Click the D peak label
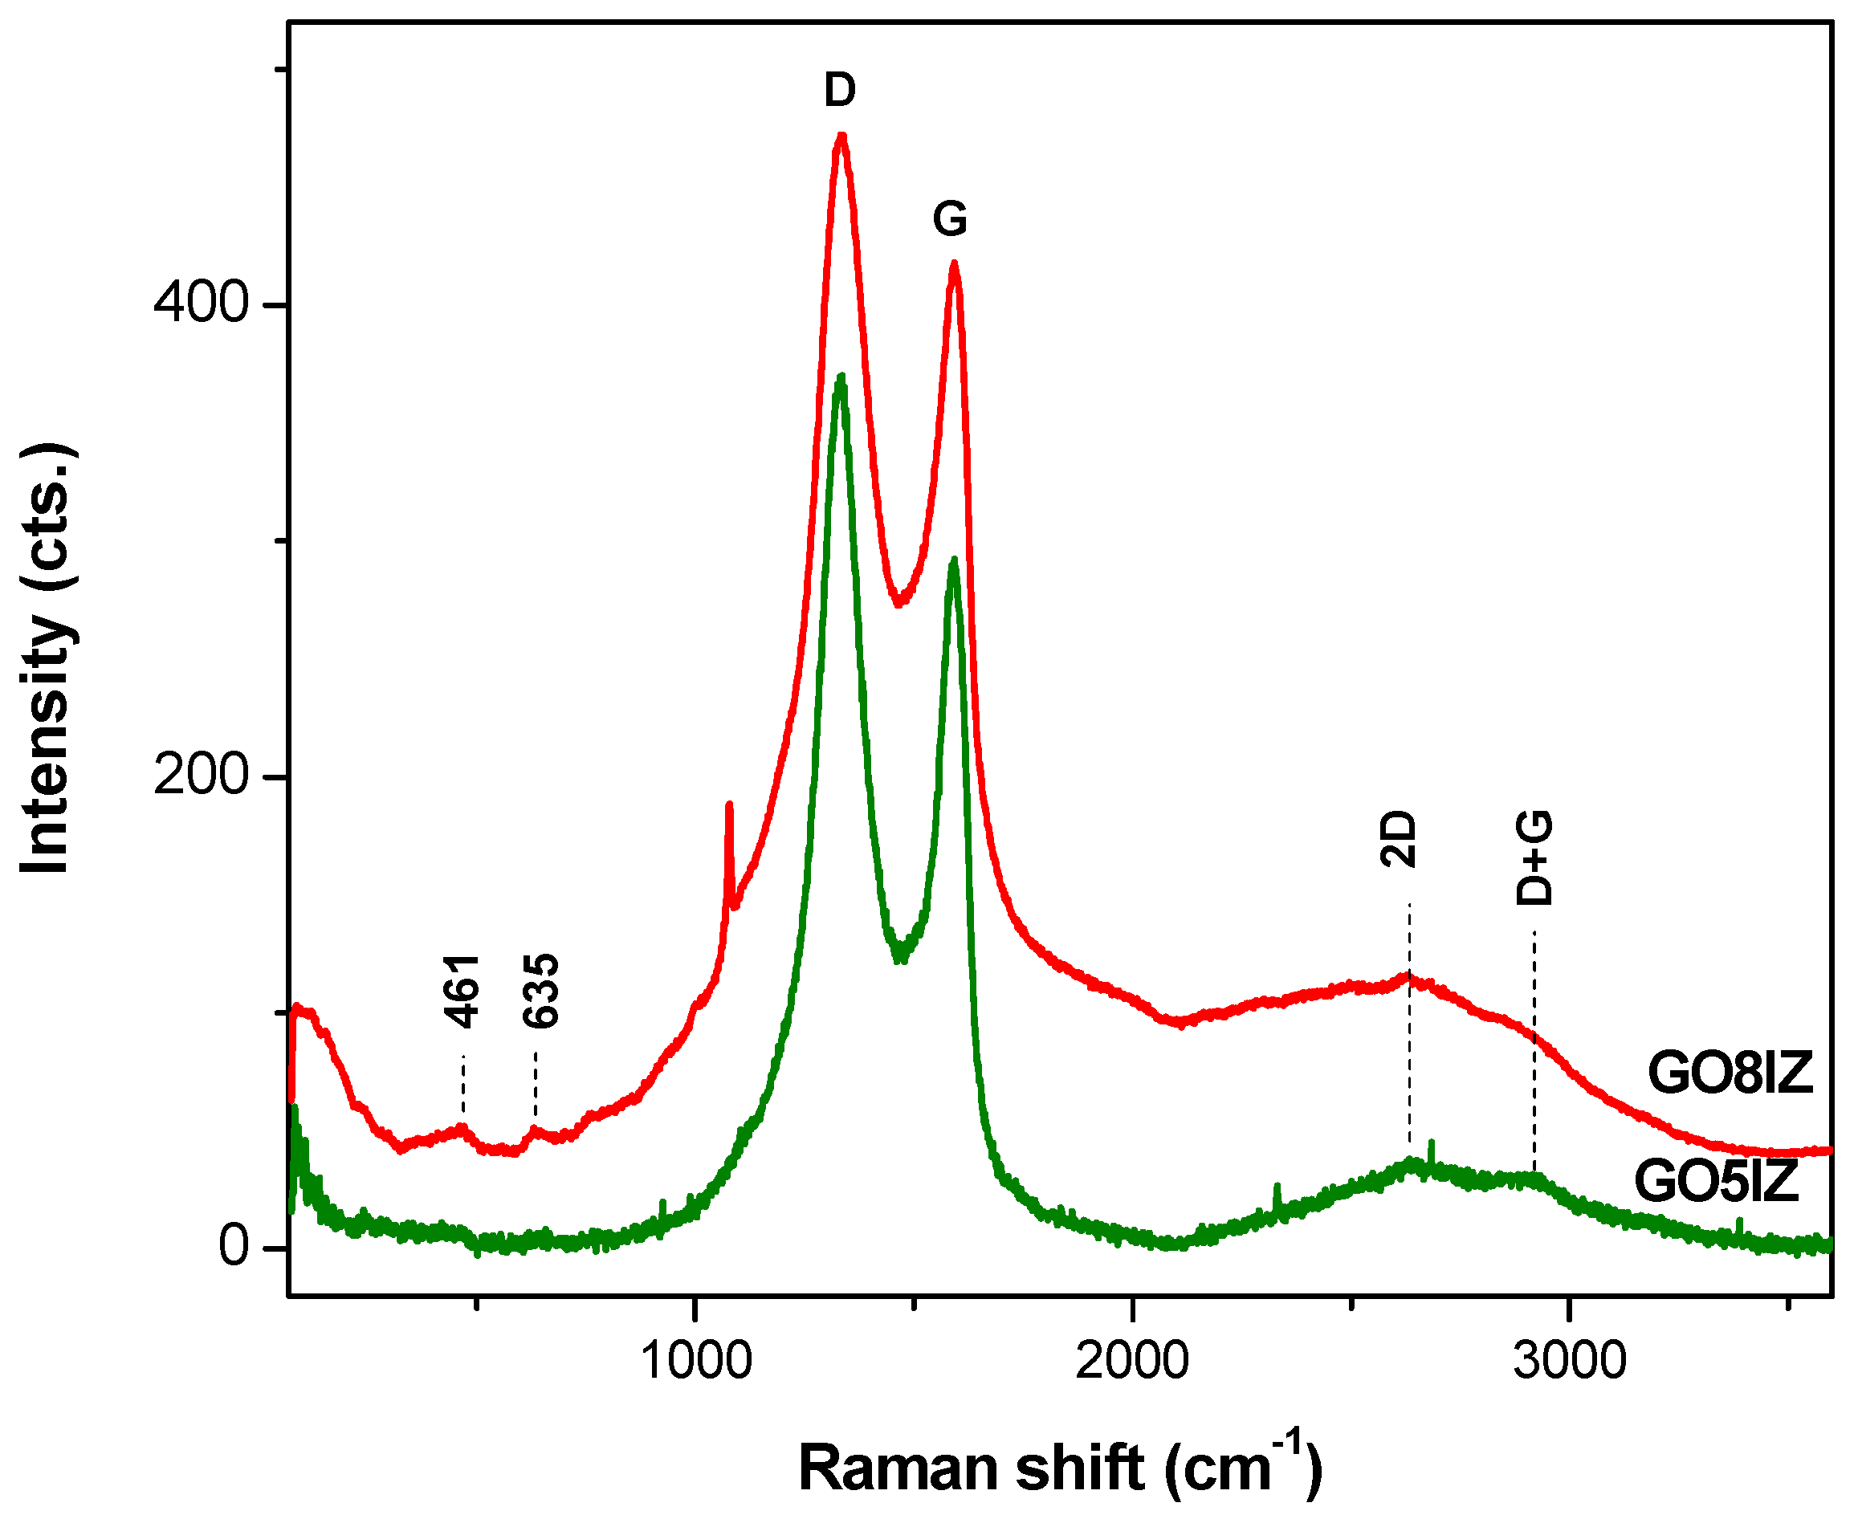coord(840,90)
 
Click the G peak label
coord(950,218)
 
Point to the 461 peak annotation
coord(462,992)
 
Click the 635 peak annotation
coord(540,992)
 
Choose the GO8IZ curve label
coord(1730,1073)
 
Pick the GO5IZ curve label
coord(1717,1182)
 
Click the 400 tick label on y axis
coord(202,303)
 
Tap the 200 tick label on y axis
coord(202,775)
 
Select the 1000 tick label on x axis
coord(695,1361)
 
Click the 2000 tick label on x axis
coord(1132,1361)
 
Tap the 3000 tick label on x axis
coord(1569,1361)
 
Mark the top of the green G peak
coord(954,560)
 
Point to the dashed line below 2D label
coord(1409,1030)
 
